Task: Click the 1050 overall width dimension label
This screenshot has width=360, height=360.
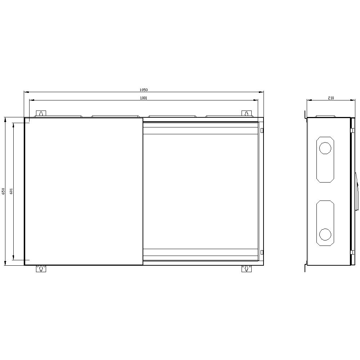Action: point(144,90)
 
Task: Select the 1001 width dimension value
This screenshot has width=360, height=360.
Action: point(144,98)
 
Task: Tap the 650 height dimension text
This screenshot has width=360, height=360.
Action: point(3,191)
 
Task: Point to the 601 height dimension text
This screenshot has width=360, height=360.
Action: point(11,191)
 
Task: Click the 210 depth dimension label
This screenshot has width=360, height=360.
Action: point(331,98)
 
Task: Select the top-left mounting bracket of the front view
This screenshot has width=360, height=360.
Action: point(41,114)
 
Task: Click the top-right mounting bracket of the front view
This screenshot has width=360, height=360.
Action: point(247,114)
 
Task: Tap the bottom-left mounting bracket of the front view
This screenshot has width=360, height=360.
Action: point(41,269)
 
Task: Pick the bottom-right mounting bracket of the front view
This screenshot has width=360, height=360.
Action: point(247,269)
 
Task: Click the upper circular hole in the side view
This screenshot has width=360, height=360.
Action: point(325,148)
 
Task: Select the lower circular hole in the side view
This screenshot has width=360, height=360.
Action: point(325,234)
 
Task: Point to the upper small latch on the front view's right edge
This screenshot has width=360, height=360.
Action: point(262,130)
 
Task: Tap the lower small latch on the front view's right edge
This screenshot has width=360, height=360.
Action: point(262,252)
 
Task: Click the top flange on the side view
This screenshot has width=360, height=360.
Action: point(325,116)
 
